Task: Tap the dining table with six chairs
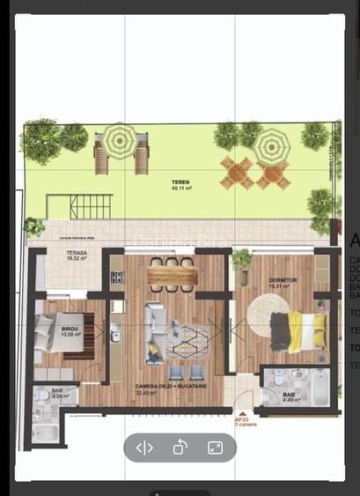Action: (173, 275)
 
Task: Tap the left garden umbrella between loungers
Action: (120, 139)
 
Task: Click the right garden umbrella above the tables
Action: (271, 144)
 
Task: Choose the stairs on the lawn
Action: (87, 207)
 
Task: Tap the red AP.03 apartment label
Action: (241, 421)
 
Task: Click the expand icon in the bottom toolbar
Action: (215, 448)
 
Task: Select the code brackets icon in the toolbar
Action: (144, 448)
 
